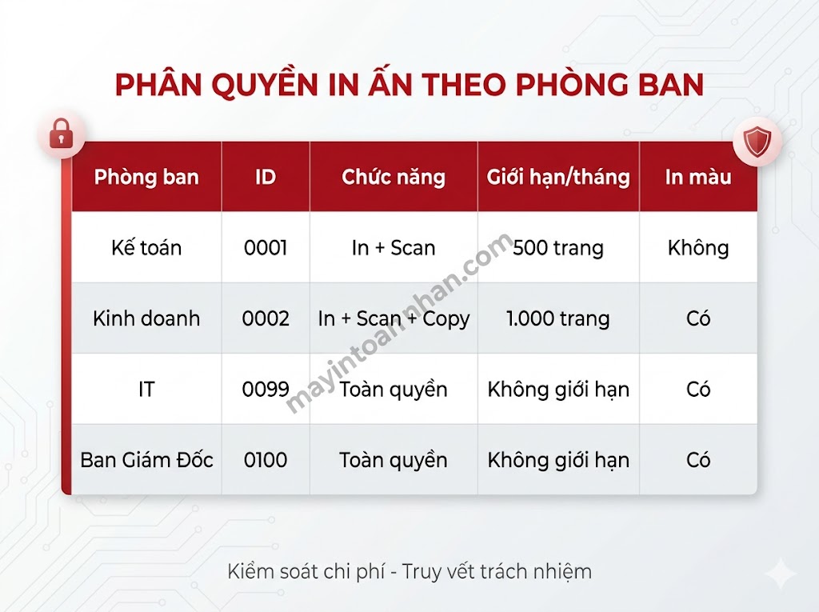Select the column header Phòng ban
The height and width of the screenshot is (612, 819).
click(x=146, y=177)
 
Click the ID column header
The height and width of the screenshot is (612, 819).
click(x=266, y=177)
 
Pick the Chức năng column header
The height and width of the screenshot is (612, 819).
click(x=394, y=177)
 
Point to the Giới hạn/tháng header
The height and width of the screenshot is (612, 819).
click(x=558, y=177)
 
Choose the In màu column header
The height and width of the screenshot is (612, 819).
click(x=698, y=177)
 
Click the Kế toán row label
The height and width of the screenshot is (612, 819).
click(x=146, y=248)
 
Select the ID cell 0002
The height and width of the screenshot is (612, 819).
click(x=266, y=318)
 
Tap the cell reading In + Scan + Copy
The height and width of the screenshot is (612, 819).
click(x=394, y=318)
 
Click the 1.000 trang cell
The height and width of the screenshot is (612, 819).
click(x=558, y=318)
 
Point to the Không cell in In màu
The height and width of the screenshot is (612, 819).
click(x=698, y=248)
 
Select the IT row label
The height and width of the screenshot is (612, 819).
click(x=146, y=390)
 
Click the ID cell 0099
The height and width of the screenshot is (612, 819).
click(x=266, y=390)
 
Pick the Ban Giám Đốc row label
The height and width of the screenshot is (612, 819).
click(x=146, y=460)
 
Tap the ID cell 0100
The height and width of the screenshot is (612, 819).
click(x=266, y=460)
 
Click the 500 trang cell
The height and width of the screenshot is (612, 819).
click(x=558, y=248)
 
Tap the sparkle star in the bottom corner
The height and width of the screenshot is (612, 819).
click(x=779, y=574)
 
